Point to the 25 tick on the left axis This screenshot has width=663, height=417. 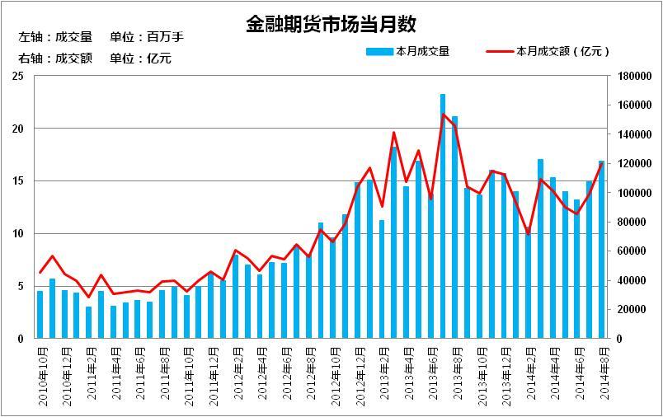[x=17, y=76]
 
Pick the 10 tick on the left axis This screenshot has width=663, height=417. [x=17, y=233]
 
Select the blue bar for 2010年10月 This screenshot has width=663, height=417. [x=40, y=314]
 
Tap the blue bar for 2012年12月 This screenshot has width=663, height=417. [x=358, y=260]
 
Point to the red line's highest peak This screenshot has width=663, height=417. [x=443, y=114]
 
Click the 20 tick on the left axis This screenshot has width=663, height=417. [x=17, y=129]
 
